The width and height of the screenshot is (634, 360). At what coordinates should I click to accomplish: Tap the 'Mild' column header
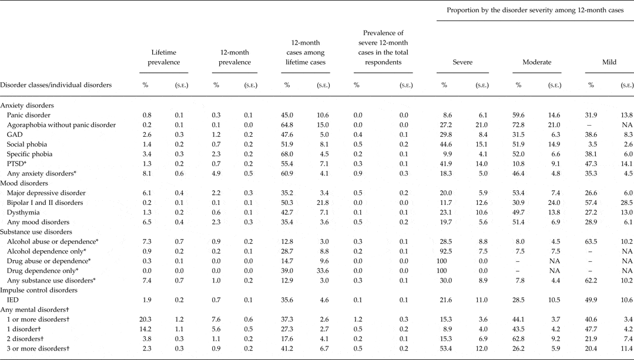click(609, 62)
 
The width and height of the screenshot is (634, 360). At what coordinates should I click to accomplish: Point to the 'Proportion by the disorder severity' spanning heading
click(535, 11)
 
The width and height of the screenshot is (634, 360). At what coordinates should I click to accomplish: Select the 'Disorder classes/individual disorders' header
click(56, 85)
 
